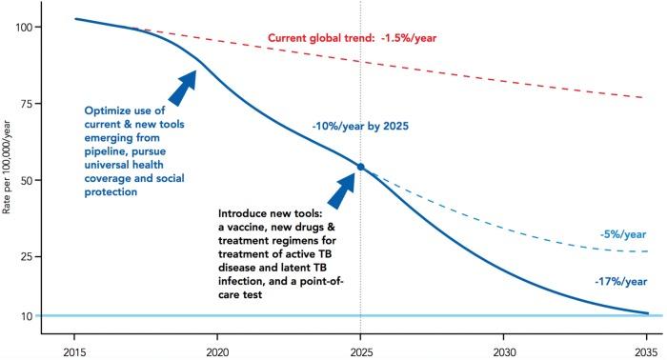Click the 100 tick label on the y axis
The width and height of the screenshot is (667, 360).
tap(26, 27)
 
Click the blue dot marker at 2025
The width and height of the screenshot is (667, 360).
tap(360, 167)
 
